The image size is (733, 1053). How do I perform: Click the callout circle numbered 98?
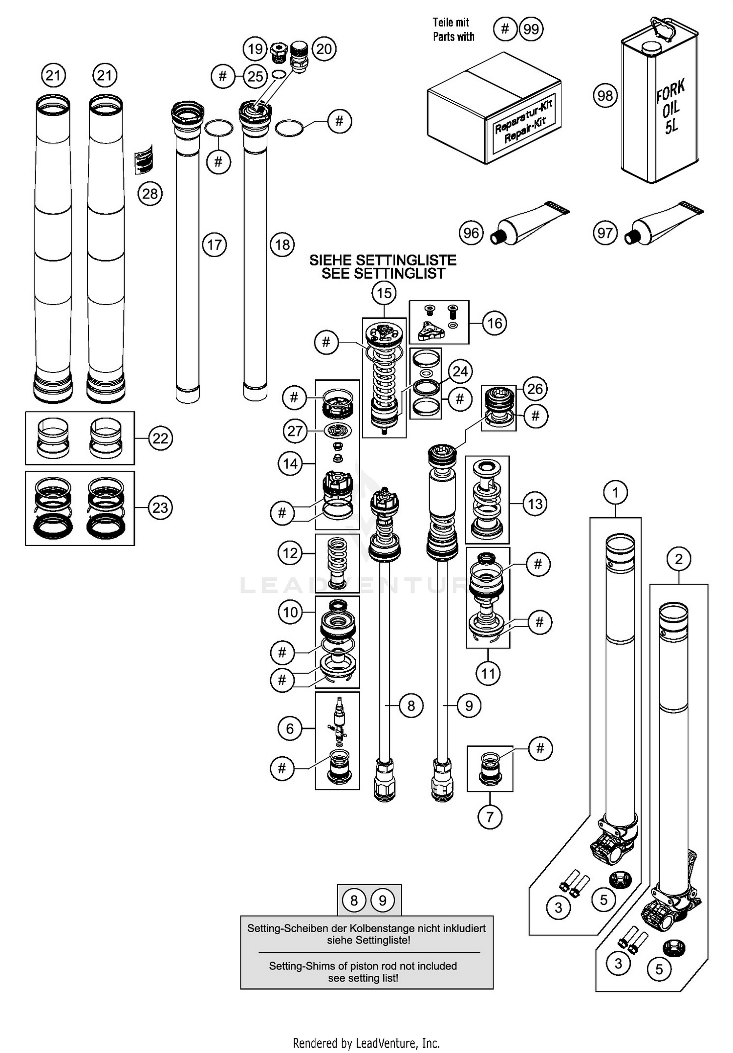[x=605, y=95]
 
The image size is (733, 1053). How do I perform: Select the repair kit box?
[x=494, y=110]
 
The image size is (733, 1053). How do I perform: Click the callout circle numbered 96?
[x=471, y=233]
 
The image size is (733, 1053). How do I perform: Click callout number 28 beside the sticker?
[x=150, y=194]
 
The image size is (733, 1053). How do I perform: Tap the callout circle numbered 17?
[x=215, y=244]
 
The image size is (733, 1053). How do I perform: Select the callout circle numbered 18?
[x=282, y=244]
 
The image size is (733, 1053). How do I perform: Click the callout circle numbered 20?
[x=324, y=48]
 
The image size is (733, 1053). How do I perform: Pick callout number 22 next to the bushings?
[x=160, y=438]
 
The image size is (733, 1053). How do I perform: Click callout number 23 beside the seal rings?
[x=160, y=507]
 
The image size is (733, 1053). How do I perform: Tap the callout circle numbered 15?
[x=384, y=293]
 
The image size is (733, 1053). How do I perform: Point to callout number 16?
[x=495, y=323]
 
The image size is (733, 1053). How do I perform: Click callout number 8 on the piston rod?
[x=411, y=705]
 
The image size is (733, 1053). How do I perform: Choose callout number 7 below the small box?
[x=490, y=816]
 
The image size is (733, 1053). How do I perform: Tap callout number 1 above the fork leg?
[x=616, y=492]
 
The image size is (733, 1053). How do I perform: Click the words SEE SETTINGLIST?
[x=383, y=273]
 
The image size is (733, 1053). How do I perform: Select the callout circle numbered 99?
[x=531, y=29]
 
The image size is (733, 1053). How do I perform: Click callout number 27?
[x=295, y=431]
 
